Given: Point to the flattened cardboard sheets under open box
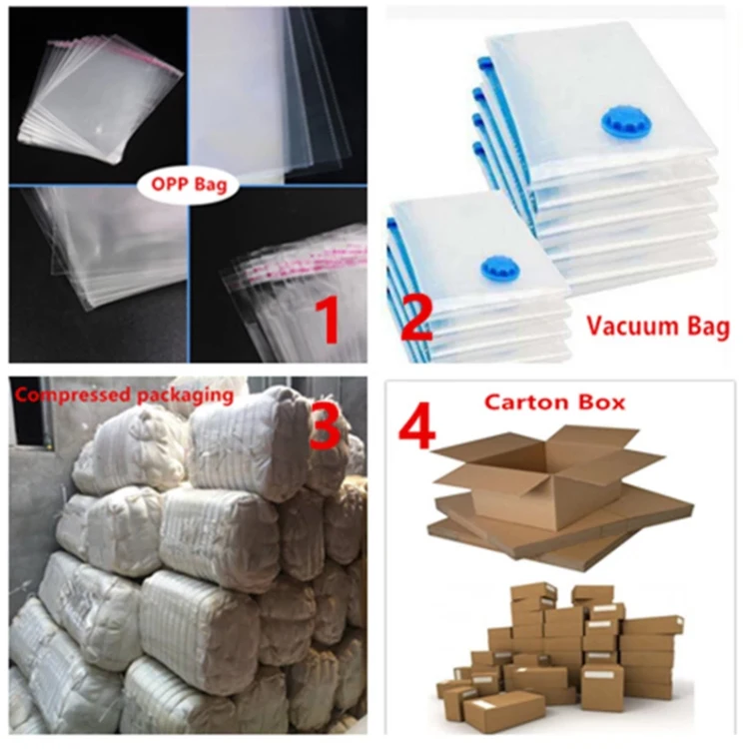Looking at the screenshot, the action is pos(559,534).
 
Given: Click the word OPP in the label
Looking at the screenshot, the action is pos(167,185).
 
